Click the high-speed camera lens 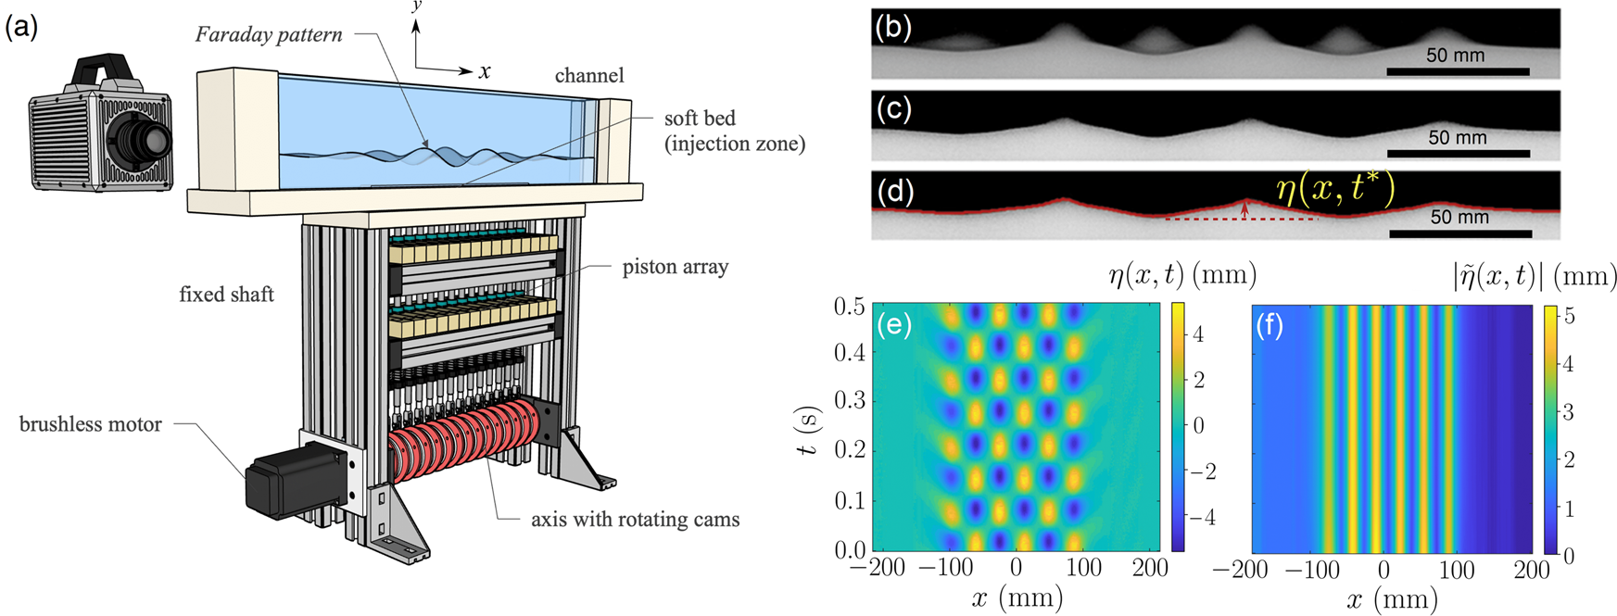pos(147,141)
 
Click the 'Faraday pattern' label pos(269,35)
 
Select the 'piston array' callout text pos(675,267)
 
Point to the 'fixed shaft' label pos(227,295)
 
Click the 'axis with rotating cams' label pos(635,520)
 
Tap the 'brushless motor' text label pos(91,424)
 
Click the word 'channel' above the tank pos(589,75)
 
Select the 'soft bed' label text pos(700,119)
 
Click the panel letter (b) pos(893,28)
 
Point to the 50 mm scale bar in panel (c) pos(1458,153)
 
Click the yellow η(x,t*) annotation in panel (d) pos(1334,190)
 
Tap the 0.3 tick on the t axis pos(849,401)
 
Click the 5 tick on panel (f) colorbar pos(1569,316)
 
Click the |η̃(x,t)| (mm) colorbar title pos(1535,276)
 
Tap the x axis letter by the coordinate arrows pos(485,72)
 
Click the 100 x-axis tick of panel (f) pos(1457,570)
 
